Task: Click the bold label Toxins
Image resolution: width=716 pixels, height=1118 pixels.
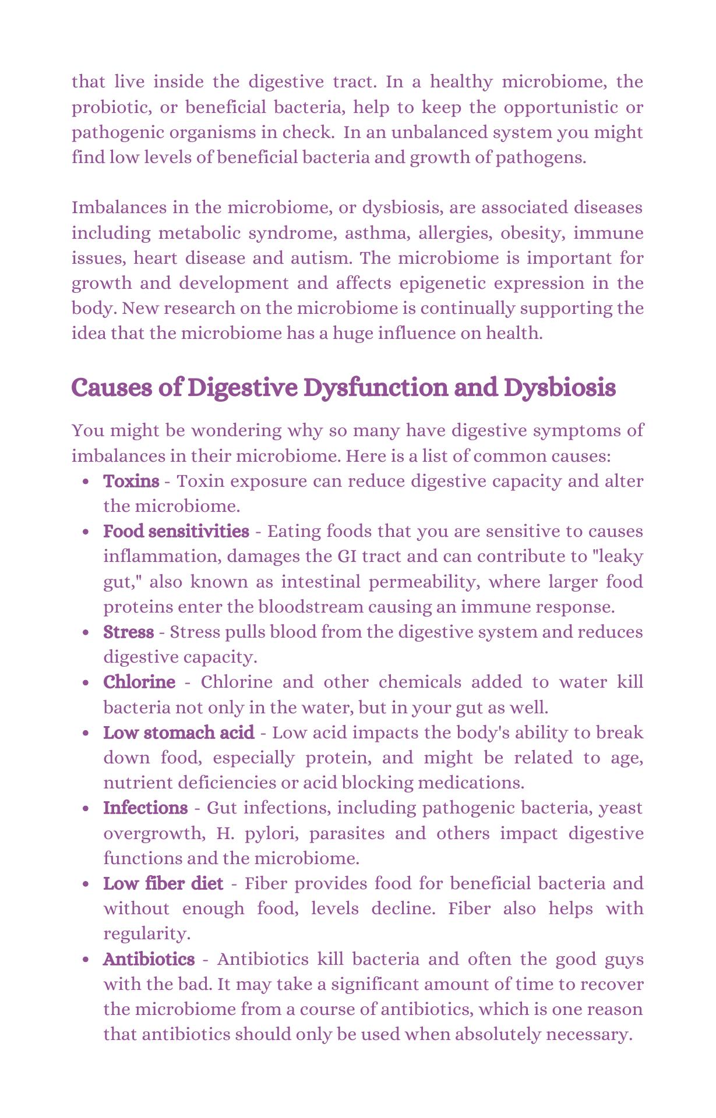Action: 131,481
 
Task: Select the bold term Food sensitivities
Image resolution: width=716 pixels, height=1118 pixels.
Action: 176,531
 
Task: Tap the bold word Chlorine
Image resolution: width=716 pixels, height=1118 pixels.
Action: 139,682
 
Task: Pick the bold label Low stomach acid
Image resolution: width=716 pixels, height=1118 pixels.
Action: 178,733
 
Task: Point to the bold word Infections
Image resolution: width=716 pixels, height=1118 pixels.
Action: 145,808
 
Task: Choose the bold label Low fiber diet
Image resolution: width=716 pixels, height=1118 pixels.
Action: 163,884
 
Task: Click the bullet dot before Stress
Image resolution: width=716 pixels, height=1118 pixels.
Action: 86,633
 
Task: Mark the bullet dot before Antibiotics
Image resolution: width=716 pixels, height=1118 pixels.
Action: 86,960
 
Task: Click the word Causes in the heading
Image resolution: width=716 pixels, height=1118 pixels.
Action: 111,388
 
